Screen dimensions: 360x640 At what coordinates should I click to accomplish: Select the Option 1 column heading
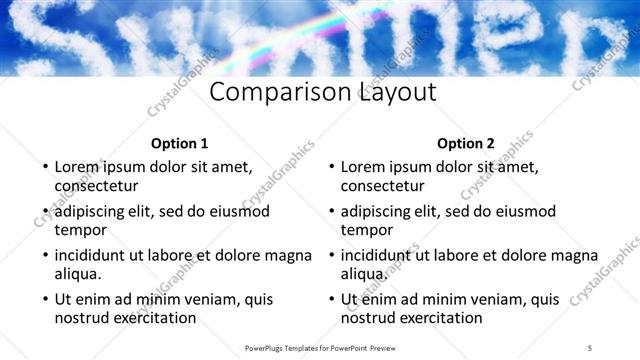180,143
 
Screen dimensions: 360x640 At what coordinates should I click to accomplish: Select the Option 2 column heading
466,143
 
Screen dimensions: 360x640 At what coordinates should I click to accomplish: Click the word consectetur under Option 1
96,185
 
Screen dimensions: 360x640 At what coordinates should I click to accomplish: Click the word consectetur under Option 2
382,185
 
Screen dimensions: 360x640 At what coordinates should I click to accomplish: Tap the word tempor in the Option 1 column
80,229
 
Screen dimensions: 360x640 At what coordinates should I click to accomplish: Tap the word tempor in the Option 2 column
366,229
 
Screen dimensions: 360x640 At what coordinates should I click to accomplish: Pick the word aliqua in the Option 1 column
79,273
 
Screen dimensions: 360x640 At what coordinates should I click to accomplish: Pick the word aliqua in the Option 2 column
365,273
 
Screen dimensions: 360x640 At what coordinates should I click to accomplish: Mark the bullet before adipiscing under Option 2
330,211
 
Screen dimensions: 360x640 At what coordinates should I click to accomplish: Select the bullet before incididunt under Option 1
44,255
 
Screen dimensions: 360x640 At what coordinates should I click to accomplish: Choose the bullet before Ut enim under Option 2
330,299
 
